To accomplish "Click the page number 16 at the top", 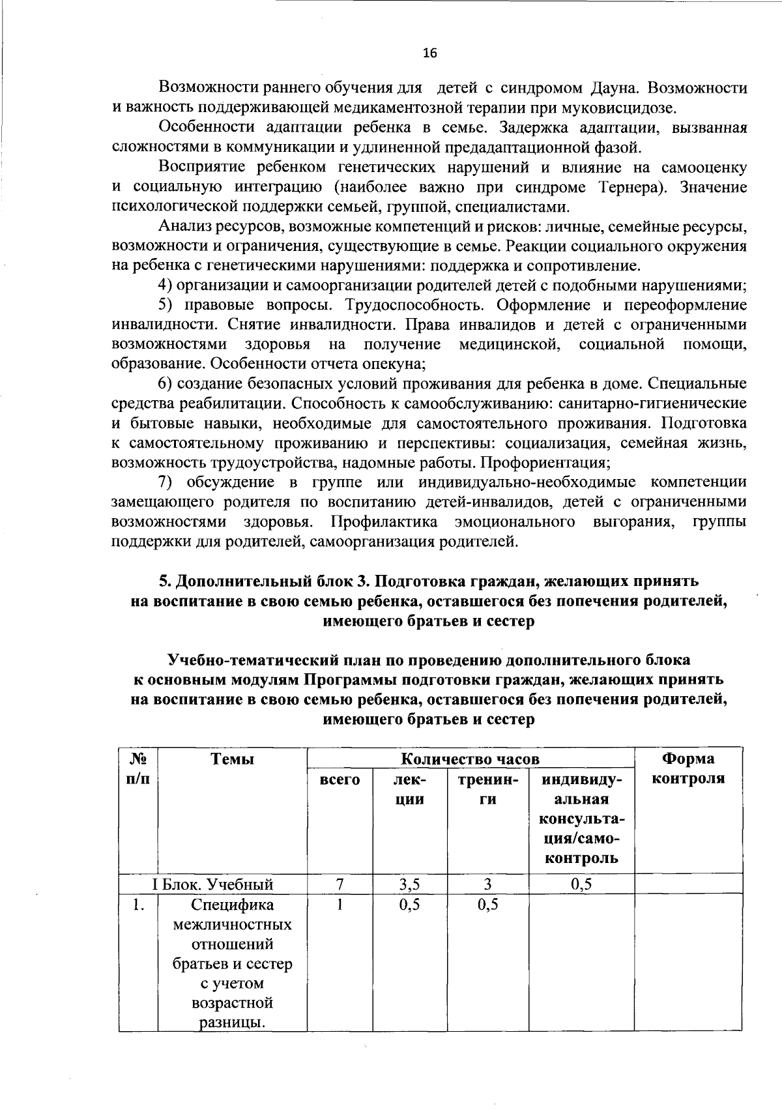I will click(x=429, y=53).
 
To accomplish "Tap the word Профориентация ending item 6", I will click(x=553, y=463).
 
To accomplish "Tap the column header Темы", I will click(x=232, y=759).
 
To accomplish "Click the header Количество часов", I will click(x=470, y=759).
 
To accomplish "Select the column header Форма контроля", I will click(x=688, y=768).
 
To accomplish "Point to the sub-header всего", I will click(x=340, y=779).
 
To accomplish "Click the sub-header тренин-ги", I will click(x=488, y=789).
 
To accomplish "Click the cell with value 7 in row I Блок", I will click(x=340, y=884).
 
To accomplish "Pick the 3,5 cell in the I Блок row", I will click(x=409, y=884).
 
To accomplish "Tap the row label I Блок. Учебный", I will click(x=212, y=884).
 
